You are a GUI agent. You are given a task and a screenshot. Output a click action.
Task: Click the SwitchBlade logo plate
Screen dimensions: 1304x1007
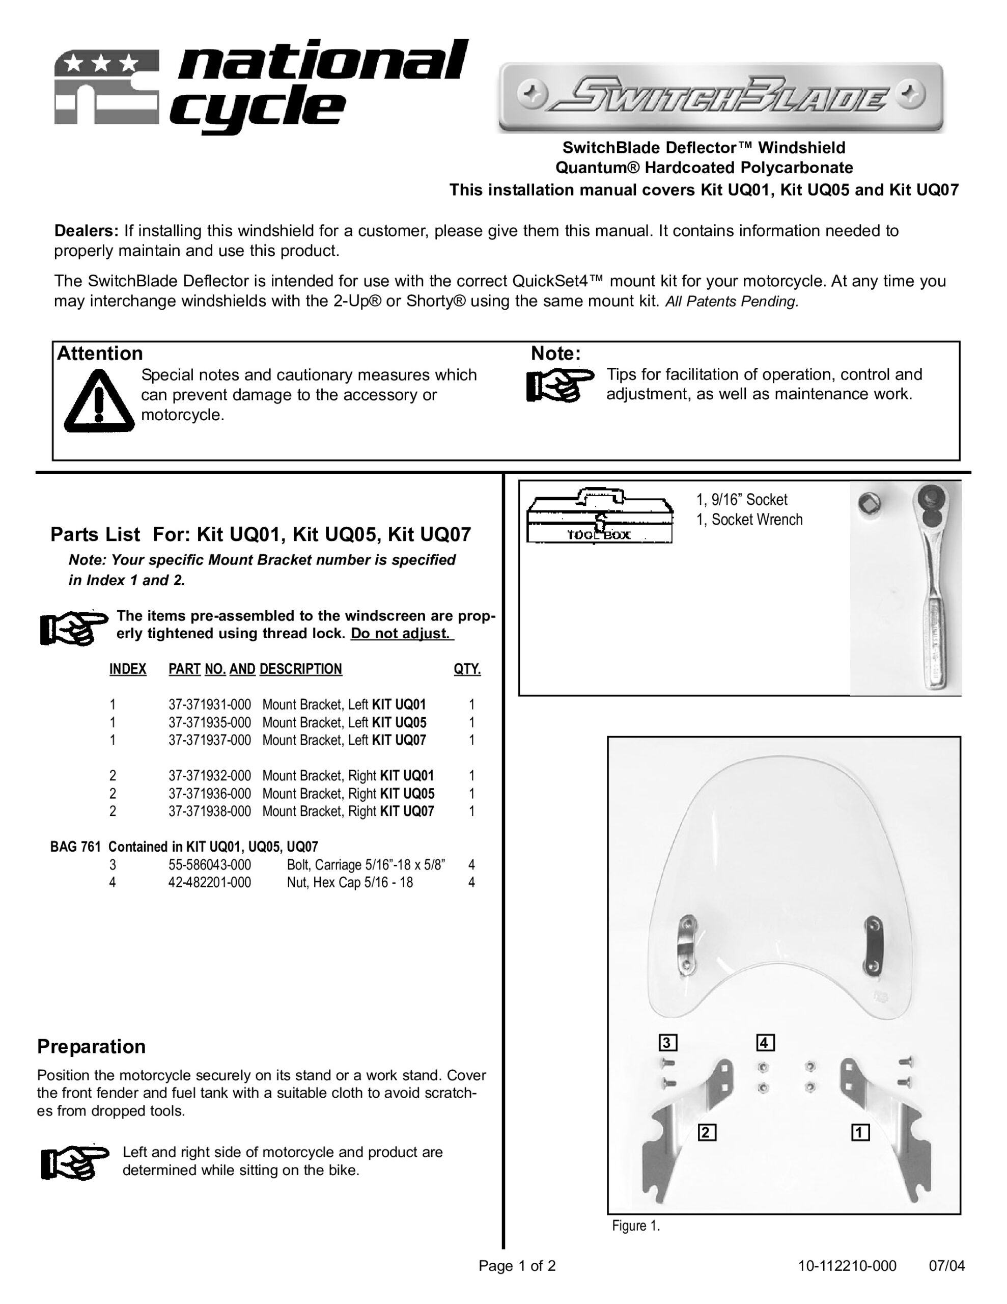(720, 97)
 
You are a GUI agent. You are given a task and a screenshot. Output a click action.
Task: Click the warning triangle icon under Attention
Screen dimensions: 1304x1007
(99, 401)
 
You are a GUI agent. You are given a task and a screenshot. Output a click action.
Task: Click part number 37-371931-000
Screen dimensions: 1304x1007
(210, 704)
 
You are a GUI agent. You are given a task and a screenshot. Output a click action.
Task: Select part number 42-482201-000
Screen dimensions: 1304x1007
(210, 882)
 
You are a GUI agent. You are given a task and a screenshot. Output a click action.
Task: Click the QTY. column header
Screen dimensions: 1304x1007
(467, 669)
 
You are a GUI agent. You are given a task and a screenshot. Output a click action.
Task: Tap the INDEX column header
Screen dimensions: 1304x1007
(128, 669)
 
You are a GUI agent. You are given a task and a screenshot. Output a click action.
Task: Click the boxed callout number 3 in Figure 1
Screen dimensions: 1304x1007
(667, 1043)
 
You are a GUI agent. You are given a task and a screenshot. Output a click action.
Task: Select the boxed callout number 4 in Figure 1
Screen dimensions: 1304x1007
(765, 1043)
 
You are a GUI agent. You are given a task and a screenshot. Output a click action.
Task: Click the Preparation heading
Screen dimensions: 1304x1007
(91, 1047)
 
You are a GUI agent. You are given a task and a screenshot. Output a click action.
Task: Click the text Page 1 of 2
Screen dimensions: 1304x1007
(517, 1266)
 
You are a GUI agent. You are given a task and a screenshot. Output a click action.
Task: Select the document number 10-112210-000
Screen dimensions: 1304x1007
(847, 1266)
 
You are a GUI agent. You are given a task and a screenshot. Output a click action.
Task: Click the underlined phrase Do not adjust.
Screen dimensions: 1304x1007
(401, 634)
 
